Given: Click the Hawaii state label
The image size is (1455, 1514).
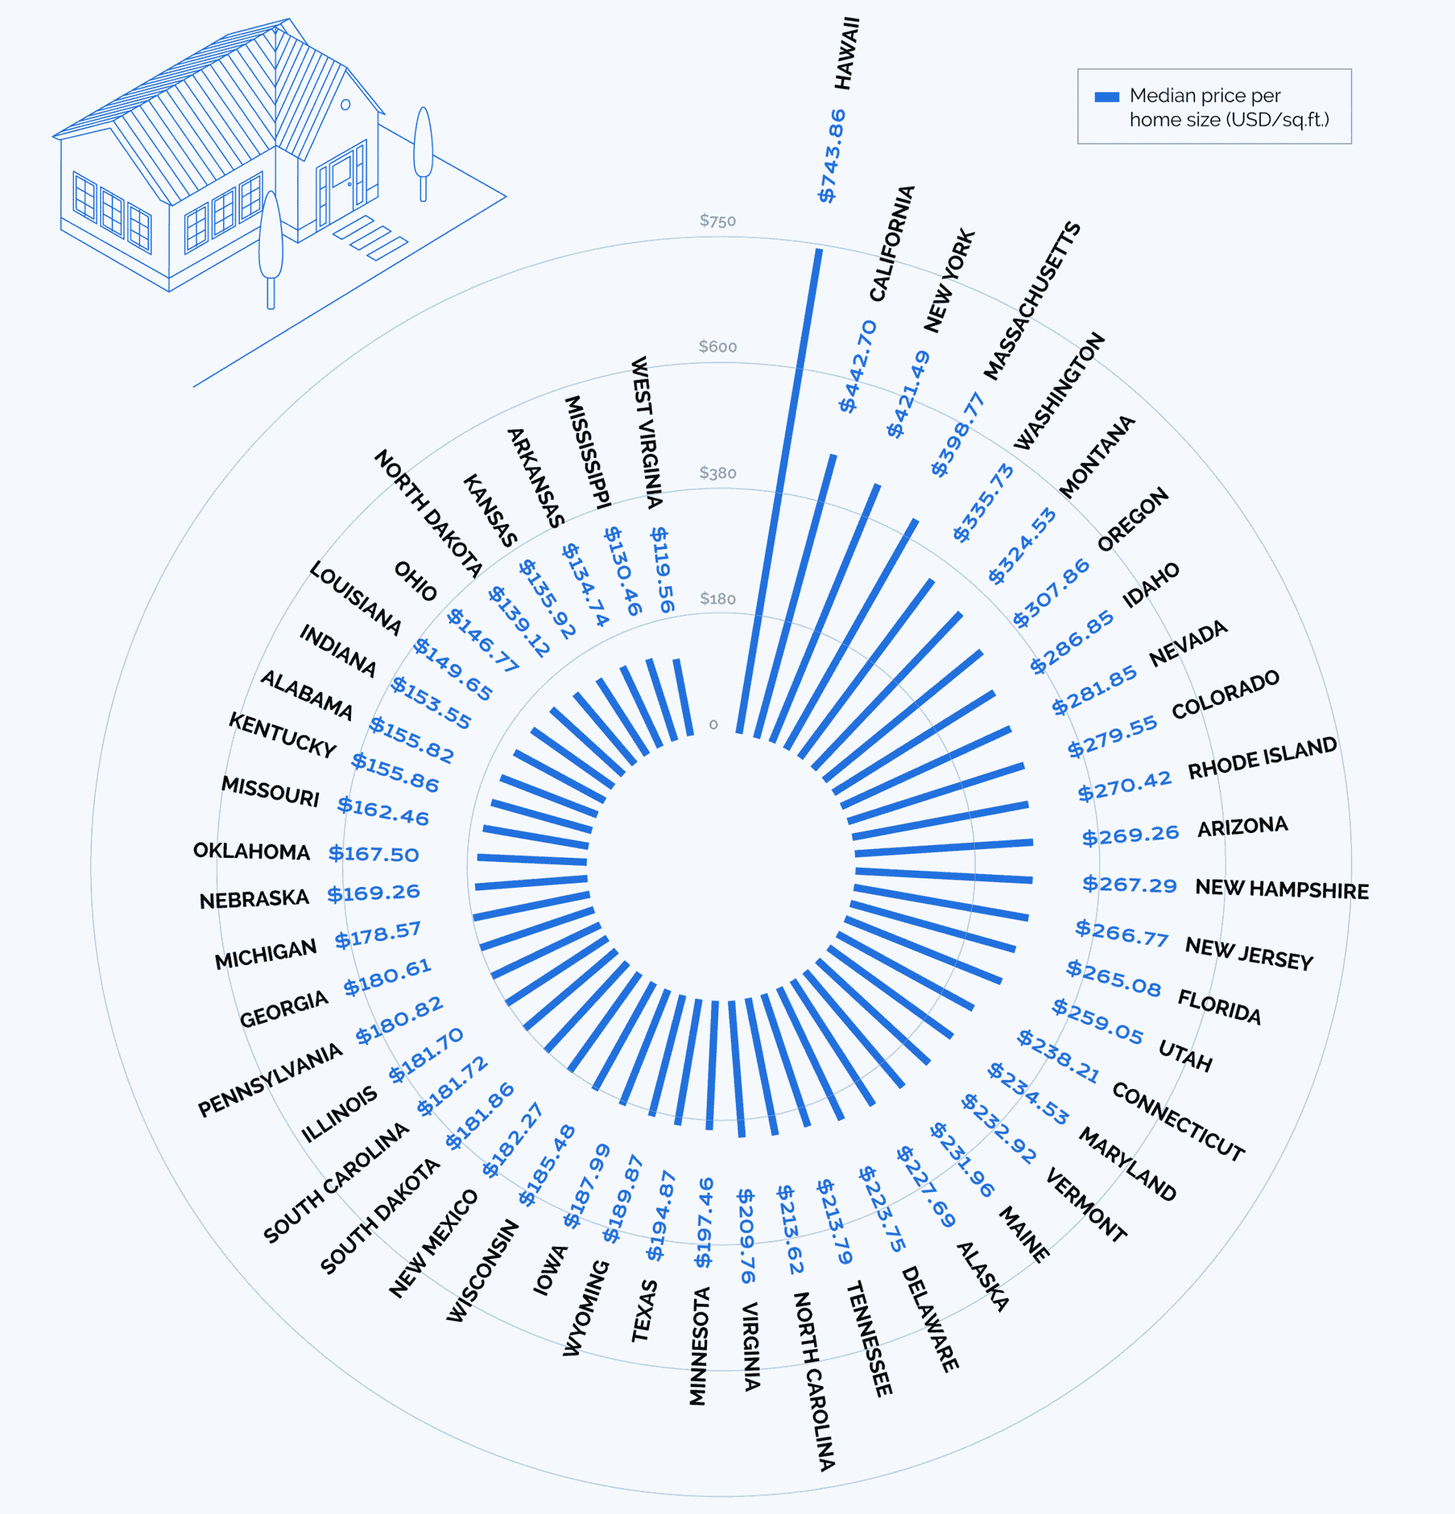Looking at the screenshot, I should (848, 53).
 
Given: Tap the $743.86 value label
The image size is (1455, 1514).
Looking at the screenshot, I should (831, 156).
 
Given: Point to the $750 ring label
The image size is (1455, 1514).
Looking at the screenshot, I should (717, 221).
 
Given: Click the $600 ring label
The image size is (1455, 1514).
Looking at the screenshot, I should (717, 347).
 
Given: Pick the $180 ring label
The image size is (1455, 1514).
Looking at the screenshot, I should (717, 599).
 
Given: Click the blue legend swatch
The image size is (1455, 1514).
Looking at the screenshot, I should (1106, 97).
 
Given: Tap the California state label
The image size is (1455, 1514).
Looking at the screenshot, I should (892, 244).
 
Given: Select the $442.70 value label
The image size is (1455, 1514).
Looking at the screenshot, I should (858, 366).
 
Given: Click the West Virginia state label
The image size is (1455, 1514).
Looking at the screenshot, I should (647, 432).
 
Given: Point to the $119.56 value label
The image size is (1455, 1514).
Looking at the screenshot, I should (662, 570).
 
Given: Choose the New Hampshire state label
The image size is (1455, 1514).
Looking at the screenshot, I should (1281, 889).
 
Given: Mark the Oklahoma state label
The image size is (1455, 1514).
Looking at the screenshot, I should (251, 851).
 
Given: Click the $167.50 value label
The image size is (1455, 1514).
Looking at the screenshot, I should (373, 854).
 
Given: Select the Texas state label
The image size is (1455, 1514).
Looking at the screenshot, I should (644, 1311).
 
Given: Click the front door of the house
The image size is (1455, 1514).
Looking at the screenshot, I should (340, 185).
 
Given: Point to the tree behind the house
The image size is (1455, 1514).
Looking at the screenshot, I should (423, 151).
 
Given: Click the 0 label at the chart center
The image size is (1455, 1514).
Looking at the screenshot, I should (713, 724).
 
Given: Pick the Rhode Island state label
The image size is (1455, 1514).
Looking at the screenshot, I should (1262, 758).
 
